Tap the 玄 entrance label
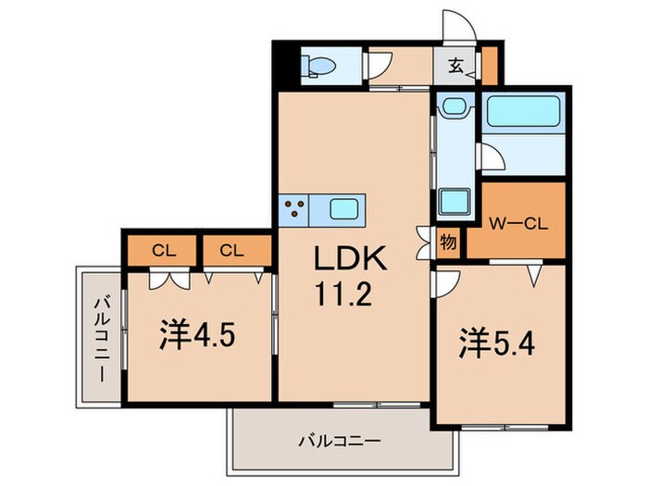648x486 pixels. click(x=457, y=66)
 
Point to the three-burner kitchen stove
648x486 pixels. click(x=297, y=207)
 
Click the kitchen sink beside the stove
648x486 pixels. click(x=344, y=207)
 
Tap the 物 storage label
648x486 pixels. click(x=448, y=243)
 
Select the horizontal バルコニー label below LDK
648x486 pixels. click(x=339, y=442)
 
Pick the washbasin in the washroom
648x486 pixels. click(x=454, y=107)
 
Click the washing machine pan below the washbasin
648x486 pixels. click(x=454, y=200)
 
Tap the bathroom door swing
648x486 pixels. click(x=492, y=158)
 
